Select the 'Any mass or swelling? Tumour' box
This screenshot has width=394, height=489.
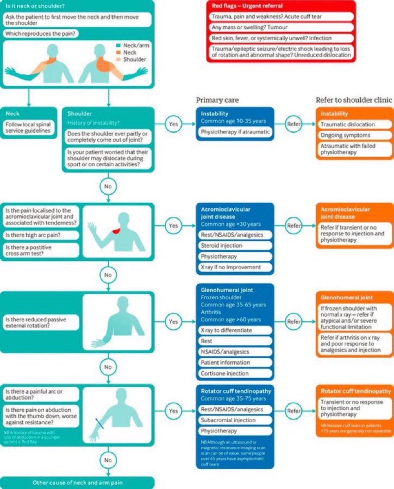tap(281, 28)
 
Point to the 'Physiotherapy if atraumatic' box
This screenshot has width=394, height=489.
tap(235, 132)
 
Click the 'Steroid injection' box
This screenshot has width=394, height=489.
tap(235, 246)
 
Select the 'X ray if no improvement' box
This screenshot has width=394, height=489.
tap(235, 267)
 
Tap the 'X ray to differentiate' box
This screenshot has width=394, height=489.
tap(235, 331)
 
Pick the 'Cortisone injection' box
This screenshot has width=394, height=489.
tap(235, 374)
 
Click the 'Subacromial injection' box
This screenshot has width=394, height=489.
tap(235, 420)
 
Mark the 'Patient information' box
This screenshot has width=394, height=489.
tap(235, 363)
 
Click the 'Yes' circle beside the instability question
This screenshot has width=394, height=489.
tap(173, 123)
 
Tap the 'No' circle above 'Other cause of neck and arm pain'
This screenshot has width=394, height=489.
tap(108, 460)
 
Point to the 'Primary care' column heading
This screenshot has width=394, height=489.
tap(217, 100)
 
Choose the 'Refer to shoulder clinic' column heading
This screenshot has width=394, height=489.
tap(353, 100)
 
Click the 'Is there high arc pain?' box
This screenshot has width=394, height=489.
tap(41, 235)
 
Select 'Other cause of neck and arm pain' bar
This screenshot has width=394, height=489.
tap(77, 483)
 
